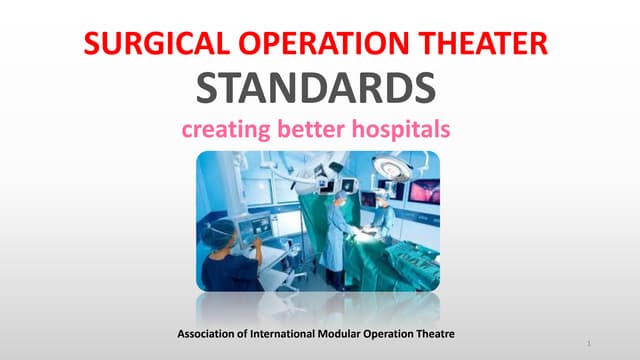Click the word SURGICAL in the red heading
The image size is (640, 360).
point(144,45)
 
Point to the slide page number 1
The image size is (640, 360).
point(591,344)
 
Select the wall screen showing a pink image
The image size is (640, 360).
point(424,191)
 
